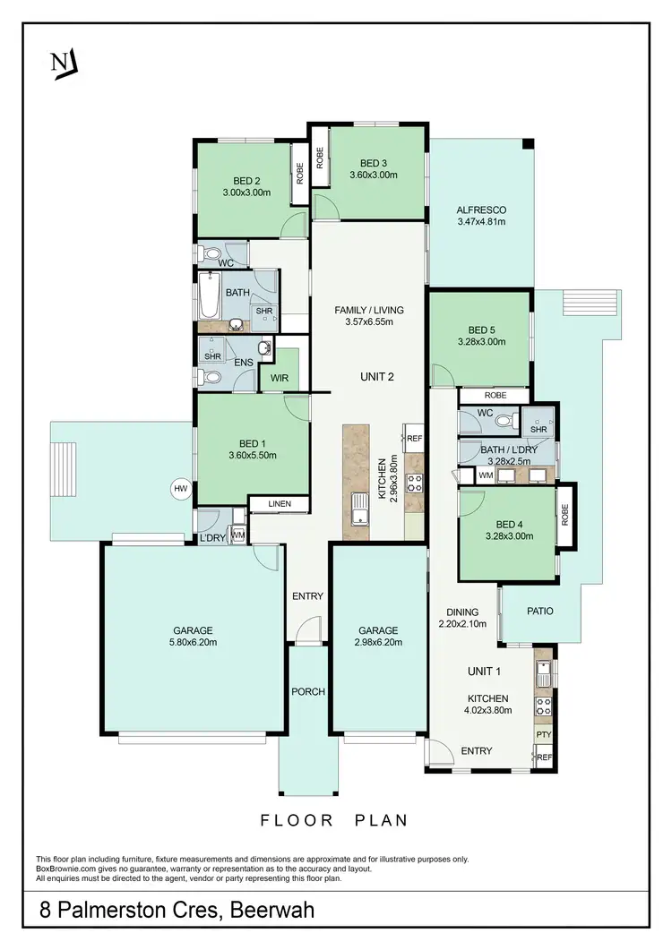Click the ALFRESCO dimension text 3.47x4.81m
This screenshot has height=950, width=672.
(481, 223)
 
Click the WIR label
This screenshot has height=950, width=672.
(280, 379)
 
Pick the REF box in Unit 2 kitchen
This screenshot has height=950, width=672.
(414, 439)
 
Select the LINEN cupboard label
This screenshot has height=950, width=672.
(280, 504)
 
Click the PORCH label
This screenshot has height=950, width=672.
(308, 691)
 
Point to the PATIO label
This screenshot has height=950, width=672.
(539, 612)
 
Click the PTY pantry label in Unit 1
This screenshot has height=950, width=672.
(543, 734)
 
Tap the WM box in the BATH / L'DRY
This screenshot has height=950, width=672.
(485, 475)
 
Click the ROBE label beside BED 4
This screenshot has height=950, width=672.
(565, 515)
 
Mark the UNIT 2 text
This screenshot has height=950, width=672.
(377, 376)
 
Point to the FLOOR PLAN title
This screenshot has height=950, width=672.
(333, 819)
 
